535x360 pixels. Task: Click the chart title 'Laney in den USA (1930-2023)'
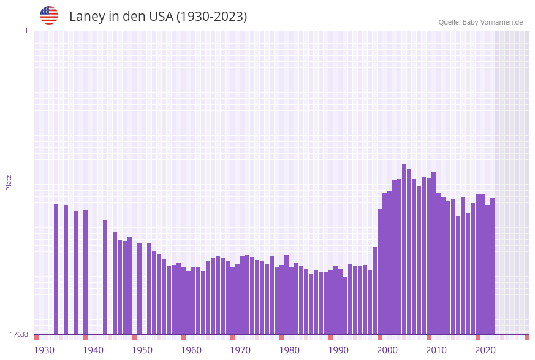coord(158,17)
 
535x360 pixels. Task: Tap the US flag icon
coord(49,15)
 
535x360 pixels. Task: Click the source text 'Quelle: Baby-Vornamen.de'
coord(480,22)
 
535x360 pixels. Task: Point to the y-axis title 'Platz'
coord(9,182)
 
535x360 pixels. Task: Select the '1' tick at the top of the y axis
coord(26,31)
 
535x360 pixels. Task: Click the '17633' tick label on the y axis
coord(19,334)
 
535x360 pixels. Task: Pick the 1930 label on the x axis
coord(44,350)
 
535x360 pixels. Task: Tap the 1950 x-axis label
coord(142,350)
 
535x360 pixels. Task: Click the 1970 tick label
coord(240,350)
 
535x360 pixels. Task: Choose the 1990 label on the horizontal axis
coord(338,350)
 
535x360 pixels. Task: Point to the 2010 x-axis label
coord(436,350)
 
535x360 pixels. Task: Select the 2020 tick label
coord(485,350)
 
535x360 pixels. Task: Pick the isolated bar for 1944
coord(105,277)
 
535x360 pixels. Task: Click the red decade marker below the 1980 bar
coord(282,337)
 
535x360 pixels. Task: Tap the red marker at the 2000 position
coord(380,337)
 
